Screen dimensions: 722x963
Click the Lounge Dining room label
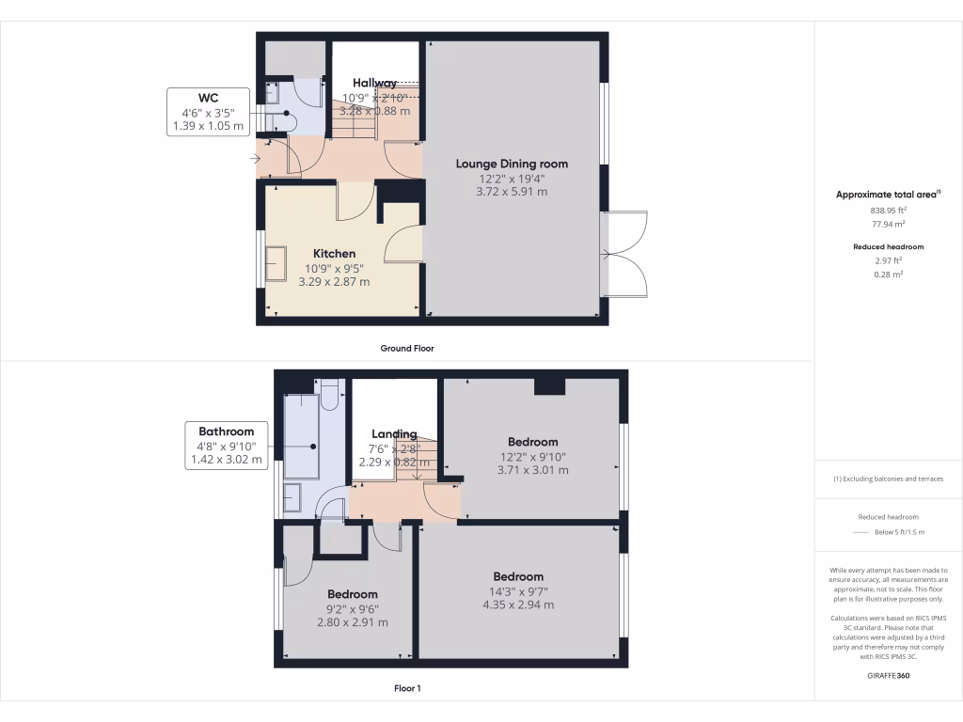click(x=512, y=164)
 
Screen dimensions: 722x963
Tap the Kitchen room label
click(x=334, y=254)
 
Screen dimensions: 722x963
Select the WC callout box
click(x=208, y=112)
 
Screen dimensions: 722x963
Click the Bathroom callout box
click(x=226, y=446)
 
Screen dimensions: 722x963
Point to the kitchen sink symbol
click(x=276, y=264)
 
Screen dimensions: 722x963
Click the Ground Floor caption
click(x=406, y=348)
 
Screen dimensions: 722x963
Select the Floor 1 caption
click(x=407, y=689)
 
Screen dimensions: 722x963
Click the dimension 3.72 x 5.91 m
click(x=512, y=192)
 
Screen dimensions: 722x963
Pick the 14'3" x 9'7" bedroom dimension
click(x=517, y=591)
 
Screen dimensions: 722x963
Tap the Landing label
click(x=394, y=433)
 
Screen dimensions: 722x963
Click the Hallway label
click(x=374, y=83)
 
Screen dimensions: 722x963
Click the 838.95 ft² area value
click(x=888, y=211)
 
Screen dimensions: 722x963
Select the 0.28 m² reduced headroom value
click(x=888, y=275)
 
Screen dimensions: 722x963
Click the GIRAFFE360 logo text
click(x=888, y=675)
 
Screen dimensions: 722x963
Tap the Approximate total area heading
click(x=888, y=195)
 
